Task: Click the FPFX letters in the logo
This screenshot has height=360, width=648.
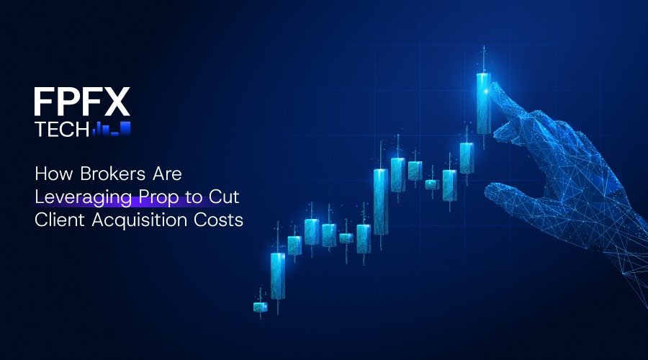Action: tap(81, 102)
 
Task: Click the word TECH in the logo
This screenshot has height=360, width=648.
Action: tap(61, 130)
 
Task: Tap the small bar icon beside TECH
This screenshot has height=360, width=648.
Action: tap(111, 130)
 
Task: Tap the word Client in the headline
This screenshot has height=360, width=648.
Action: tap(56, 220)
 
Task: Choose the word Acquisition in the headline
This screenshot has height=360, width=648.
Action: tap(135, 220)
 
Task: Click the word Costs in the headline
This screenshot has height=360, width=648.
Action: tap(219, 220)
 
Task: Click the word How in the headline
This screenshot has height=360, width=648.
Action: tap(50, 174)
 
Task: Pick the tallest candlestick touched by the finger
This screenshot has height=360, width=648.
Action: tap(484, 103)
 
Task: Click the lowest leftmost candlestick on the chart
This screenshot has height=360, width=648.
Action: tap(260, 307)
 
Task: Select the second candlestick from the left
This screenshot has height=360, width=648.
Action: tap(278, 275)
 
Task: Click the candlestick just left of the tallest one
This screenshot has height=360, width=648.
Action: tap(467, 158)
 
